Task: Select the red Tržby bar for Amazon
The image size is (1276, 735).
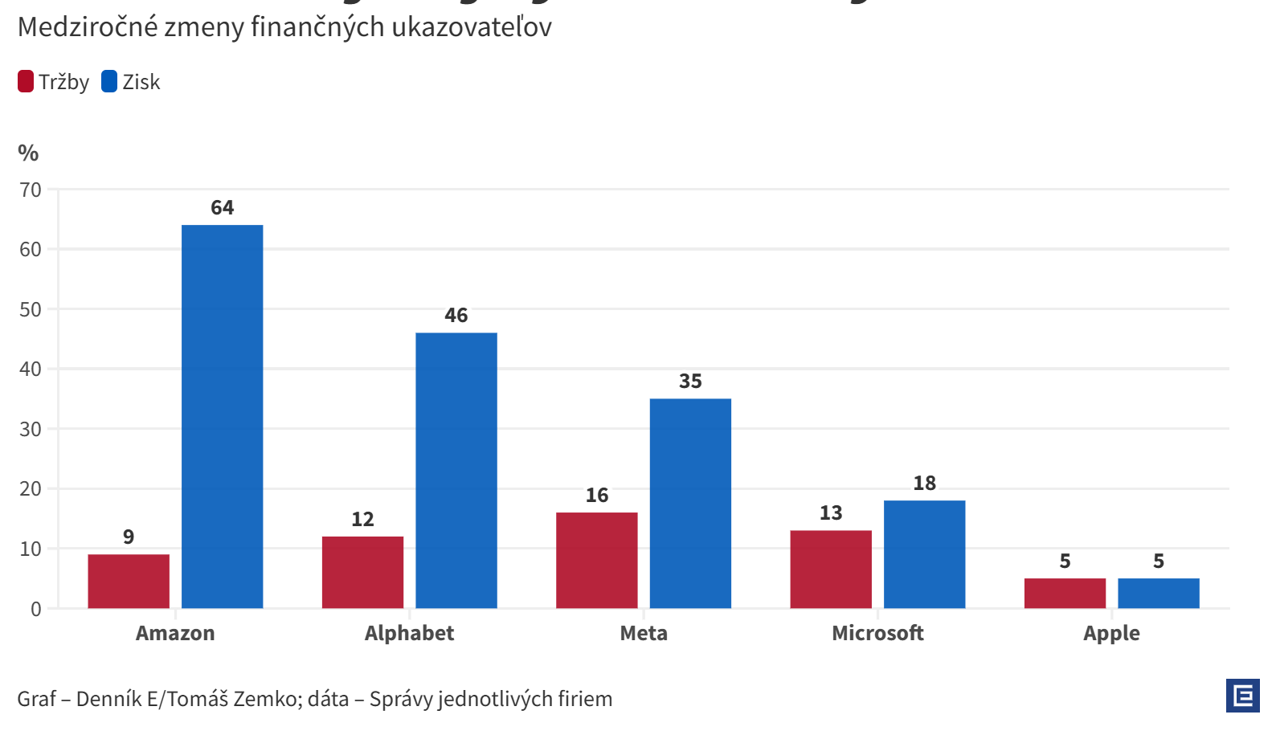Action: pyautogui.click(x=129, y=581)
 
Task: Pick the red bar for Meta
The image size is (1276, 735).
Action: pyautogui.click(x=596, y=560)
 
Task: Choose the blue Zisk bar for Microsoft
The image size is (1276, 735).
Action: pyautogui.click(x=924, y=553)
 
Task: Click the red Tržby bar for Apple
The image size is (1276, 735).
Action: pyautogui.click(x=1065, y=593)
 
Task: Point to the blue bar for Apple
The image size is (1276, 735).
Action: pyautogui.click(x=1158, y=593)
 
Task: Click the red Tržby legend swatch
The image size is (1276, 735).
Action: pyautogui.click(x=26, y=82)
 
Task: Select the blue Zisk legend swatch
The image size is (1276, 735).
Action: pyautogui.click(x=109, y=82)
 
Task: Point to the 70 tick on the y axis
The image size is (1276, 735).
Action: pyautogui.click(x=31, y=190)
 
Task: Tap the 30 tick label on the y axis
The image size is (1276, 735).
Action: pyautogui.click(x=31, y=429)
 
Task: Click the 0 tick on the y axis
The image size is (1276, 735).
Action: pyautogui.click(x=36, y=609)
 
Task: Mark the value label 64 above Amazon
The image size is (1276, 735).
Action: pyautogui.click(x=222, y=208)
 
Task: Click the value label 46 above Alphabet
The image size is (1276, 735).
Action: pyautogui.click(x=456, y=316)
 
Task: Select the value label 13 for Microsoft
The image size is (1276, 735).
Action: pyautogui.click(x=831, y=513)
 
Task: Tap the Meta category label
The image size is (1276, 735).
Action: pyautogui.click(x=644, y=633)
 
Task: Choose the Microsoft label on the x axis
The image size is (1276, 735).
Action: pyautogui.click(x=877, y=633)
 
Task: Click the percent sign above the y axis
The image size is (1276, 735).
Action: pyautogui.click(x=28, y=153)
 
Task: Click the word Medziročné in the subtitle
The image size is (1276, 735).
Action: pyautogui.click(x=88, y=27)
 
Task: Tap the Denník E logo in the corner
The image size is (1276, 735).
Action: pyautogui.click(x=1242, y=696)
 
